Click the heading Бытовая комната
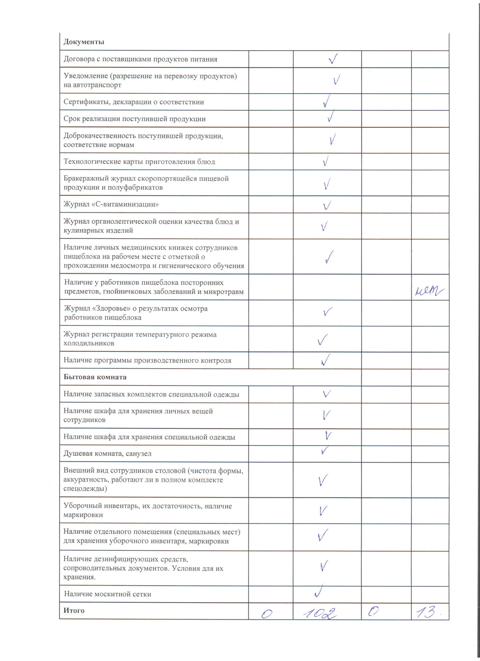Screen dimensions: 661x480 click(x=95, y=377)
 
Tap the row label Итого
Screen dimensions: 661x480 click(x=74, y=611)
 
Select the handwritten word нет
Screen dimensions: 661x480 click(x=429, y=291)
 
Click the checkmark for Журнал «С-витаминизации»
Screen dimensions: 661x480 click(x=327, y=205)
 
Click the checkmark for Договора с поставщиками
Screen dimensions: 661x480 click(x=333, y=59)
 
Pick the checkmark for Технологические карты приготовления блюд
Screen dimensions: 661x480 click(x=326, y=161)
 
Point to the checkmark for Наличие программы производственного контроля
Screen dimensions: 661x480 click(x=325, y=360)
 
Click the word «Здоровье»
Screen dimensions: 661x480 click(x=112, y=309)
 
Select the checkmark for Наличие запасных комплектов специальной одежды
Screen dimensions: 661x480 click(x=326, y=394)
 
